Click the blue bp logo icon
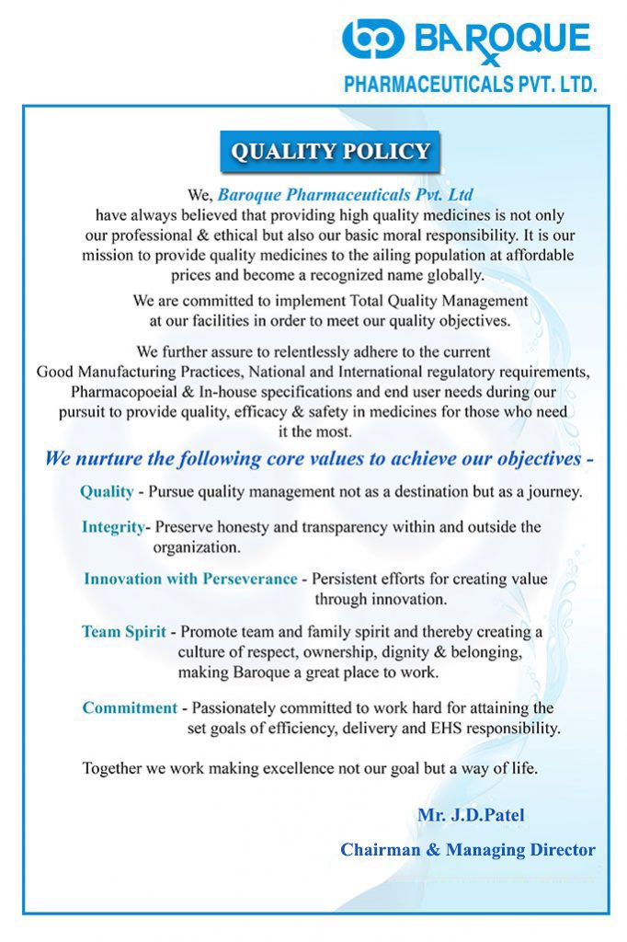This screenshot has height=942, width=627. (x=372, y=39)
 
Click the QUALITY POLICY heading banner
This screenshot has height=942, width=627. (x=330, y=152)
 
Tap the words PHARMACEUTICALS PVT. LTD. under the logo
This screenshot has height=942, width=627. (x=470, y=85)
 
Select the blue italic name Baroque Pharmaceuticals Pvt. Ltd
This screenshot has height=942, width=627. (x=346, y=195)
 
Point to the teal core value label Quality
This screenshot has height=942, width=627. (x=107, y=492)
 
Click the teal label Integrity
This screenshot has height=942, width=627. (x=113, y=527)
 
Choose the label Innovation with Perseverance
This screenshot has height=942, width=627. (x=190, y=579)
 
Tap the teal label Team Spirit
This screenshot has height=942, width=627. (x=124, y=632)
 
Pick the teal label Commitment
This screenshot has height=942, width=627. (x=130, y=707)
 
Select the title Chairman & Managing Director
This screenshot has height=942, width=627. (x=468, y=850)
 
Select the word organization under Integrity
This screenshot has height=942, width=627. (x=197, y=546)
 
